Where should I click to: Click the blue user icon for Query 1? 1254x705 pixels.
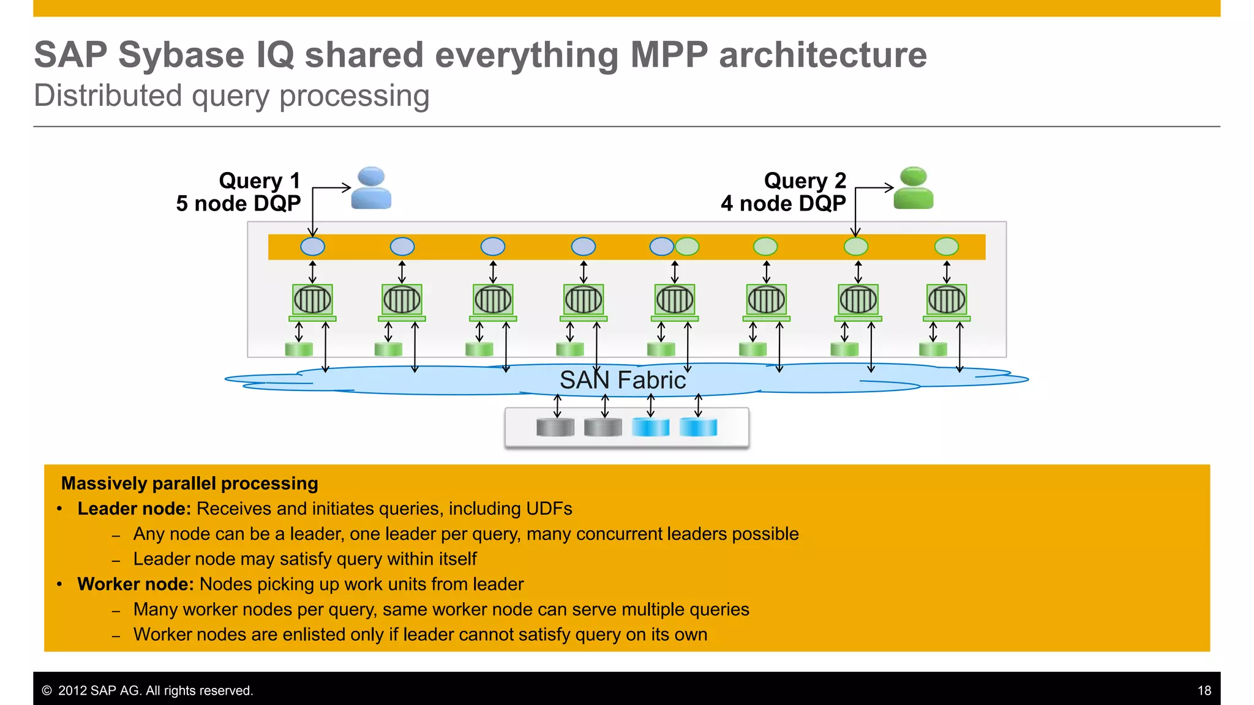coord(371,188)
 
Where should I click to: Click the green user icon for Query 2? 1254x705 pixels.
coord(913,188)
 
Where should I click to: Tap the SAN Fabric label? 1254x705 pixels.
coord(623,380)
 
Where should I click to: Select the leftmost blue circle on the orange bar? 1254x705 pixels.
coord(313,247)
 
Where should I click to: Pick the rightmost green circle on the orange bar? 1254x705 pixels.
coord(947,247)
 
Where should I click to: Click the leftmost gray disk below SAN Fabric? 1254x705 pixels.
coord(555,427)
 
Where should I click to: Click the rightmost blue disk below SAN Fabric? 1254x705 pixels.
coord(698,427)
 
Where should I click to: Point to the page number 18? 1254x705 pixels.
coord(1204,690)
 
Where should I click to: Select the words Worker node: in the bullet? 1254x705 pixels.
coord(135,584)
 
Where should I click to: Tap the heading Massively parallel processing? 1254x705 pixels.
coord(190,483)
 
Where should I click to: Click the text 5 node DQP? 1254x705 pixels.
coord(238,203)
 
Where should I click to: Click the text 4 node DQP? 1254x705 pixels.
coord(783,203)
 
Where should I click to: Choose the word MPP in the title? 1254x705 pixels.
coord(669,55)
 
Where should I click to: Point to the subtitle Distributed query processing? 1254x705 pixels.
coord(231,96)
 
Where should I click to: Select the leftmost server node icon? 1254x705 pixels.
coord(313,300)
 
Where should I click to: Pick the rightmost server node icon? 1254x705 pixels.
coord(947,300)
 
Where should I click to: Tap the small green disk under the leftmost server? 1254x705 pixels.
coord(299,349)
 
